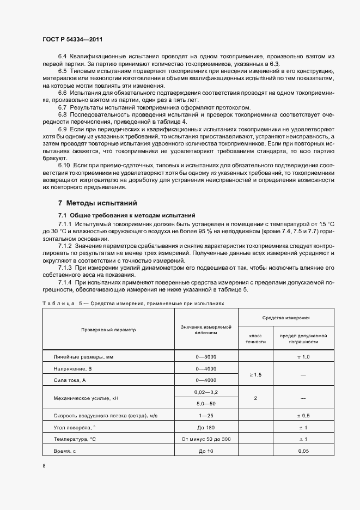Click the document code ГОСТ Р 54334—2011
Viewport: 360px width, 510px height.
pos(72,40)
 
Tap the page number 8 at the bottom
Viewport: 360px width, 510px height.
pos(44,466)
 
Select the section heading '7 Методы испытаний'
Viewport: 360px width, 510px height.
pos(97,203)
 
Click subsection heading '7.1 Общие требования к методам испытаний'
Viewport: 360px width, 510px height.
pos(126,215)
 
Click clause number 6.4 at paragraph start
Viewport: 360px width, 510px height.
pos(62,57)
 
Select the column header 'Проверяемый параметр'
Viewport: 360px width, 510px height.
pos(108,330)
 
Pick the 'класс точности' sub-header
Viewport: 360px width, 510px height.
pos(255,338)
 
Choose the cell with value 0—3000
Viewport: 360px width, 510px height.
pos(206,357)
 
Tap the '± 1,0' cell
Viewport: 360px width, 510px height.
pos(303,357)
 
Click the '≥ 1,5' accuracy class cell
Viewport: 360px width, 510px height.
pos(255,375)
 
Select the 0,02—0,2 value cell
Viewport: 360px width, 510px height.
pos(206,392)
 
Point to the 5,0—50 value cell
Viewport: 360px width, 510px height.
pos(206,404)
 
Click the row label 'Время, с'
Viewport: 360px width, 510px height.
pos(65,451)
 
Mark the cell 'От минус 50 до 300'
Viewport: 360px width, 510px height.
pos(206,439)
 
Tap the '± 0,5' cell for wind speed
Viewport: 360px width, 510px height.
pos(303,416)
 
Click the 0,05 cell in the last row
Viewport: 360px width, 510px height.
pos(303,451)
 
